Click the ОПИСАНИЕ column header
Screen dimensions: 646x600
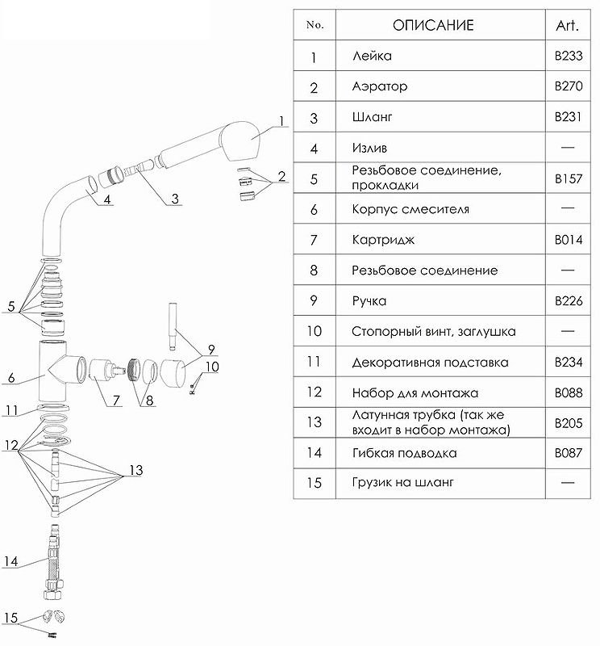433,25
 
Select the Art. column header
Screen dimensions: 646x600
568,25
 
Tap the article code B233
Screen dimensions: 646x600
568,57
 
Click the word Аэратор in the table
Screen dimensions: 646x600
380,86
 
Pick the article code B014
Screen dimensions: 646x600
568,240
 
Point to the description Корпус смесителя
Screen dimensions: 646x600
410,209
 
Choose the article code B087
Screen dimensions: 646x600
568,453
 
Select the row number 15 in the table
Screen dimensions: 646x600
315,483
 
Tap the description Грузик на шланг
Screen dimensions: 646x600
403,483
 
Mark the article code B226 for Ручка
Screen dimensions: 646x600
568,301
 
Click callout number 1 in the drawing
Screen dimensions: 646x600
281,121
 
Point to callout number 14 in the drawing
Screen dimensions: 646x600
10,560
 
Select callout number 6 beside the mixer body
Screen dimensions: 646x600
11,377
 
